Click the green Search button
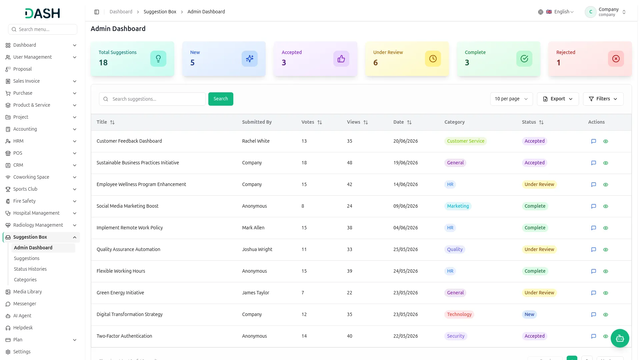221,99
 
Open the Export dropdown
558,99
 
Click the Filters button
603,99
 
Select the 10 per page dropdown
511,99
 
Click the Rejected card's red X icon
616,59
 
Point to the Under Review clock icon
433,59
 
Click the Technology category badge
459,314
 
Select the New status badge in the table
529,314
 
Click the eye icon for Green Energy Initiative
606,293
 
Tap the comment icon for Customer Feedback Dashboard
594,141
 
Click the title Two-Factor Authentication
124,336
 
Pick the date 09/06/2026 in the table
406,206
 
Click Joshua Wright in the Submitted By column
257,249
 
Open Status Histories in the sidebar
30,269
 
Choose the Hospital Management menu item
36,213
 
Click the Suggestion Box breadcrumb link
160,12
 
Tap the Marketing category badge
458,206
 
